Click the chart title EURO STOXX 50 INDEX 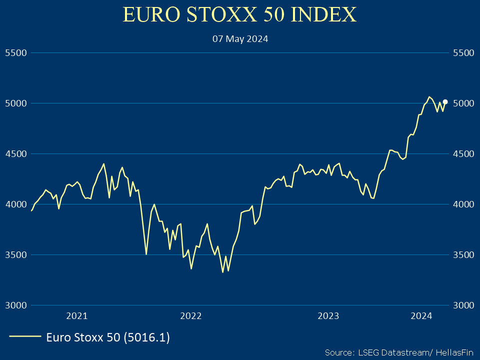click(239, 15)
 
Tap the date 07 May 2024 click(240, 38)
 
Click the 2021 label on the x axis click(77, 315)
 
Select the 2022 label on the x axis click(190, 315)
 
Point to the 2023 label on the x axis click(328, 315)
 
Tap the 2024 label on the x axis click(421, 315)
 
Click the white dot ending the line click(445, 101)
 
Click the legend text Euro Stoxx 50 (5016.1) click(108, 337)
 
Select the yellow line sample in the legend click(25, 337)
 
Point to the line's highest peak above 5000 click(429, 97)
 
